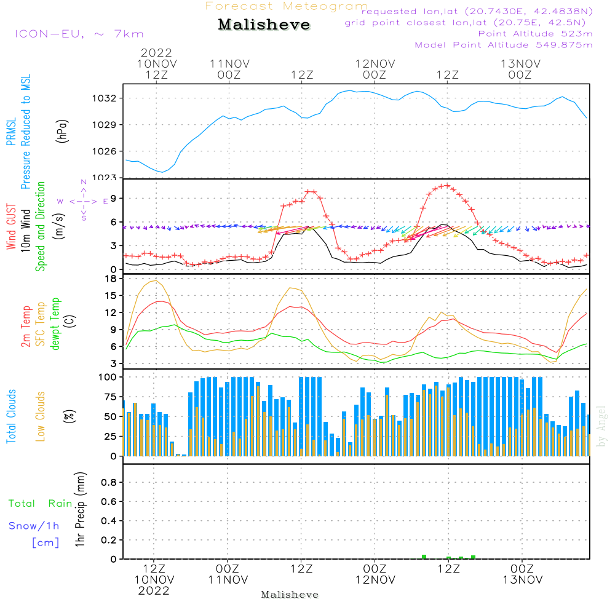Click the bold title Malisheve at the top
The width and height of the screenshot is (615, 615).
click(x=264, y=25)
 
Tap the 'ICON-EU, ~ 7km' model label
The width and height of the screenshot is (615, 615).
click(x=79, y=34)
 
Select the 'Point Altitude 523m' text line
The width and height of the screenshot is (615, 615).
click(x=535, y=34)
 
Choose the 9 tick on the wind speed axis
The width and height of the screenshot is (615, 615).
click(x=113, y=198)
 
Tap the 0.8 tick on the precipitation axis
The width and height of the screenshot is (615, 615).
click(x=109, y=483)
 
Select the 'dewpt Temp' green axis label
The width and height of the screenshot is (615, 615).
click(x=55, y=324)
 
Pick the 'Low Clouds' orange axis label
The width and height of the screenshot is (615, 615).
click(x=41, y=416)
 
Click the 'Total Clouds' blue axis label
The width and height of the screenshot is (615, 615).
click(x=11, y=416)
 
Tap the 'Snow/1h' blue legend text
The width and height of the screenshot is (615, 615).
click(x=34, y=526)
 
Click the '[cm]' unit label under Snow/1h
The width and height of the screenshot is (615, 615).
click(x=46, y=542)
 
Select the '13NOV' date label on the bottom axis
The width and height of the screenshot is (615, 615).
click(x=522, y=580)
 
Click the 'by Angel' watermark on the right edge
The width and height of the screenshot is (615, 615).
click(x=601, y=426)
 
